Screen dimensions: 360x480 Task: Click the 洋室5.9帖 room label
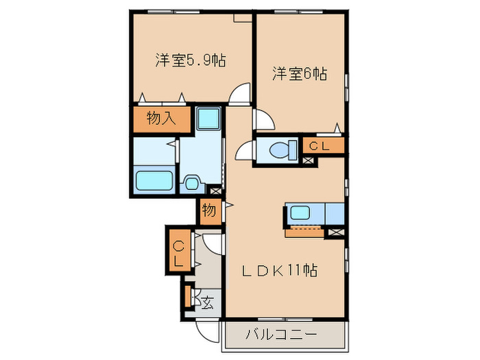click(191, 61)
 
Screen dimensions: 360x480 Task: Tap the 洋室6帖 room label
click(299, 74)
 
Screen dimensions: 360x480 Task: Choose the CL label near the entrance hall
click(177, 254)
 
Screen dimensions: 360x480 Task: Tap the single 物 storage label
click(209, 211)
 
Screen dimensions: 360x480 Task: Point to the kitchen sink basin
click(300, 212)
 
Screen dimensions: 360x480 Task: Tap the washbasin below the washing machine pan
click(193, 183)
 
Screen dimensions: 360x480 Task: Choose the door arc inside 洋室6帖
click(264, 121)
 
